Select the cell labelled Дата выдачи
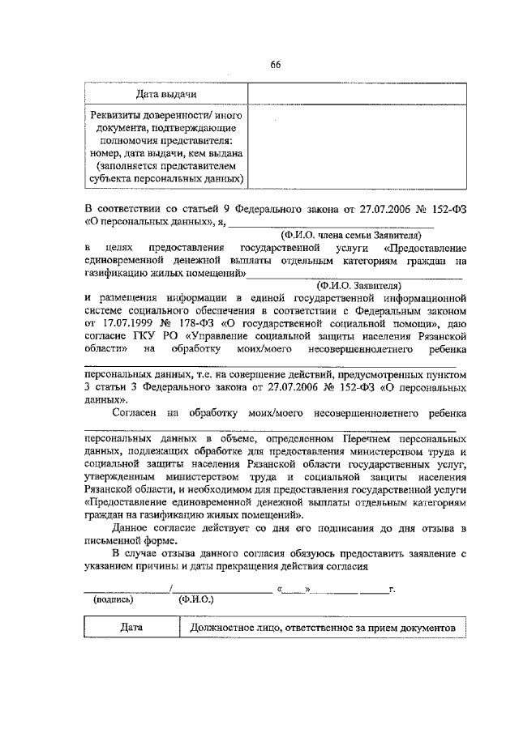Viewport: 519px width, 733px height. [x=166, y=96]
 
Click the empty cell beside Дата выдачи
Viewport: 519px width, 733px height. [x=357, y=96]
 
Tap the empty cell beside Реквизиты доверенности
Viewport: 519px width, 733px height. [x=357, y=147]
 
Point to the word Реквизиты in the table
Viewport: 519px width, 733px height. [x=122, y=115]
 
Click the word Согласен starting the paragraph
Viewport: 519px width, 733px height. [x=135, y=411]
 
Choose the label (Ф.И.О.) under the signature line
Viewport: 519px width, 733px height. [x=195, y=600]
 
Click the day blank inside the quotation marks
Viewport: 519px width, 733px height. [x=296, y=589]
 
